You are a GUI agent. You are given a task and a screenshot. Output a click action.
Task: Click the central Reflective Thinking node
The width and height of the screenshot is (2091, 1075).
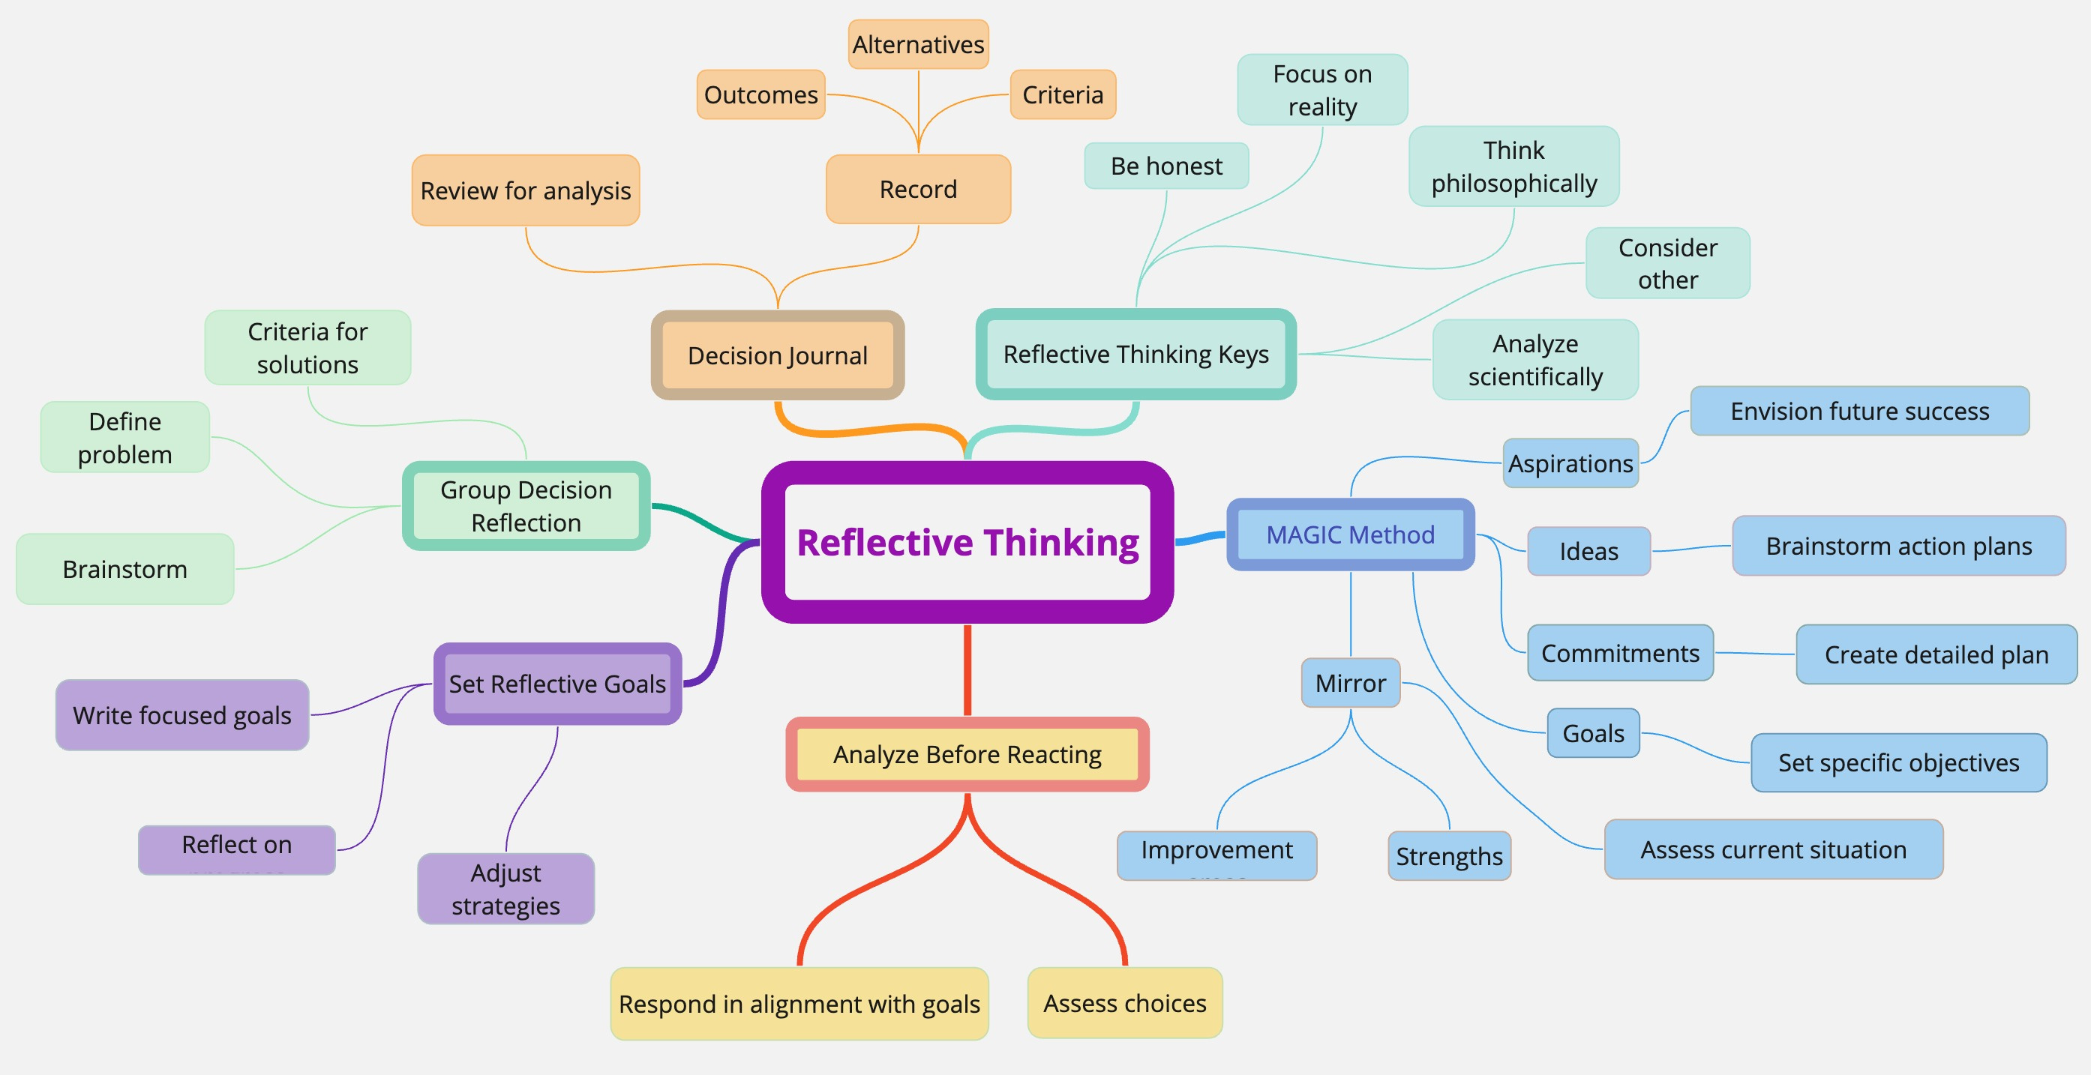pos(967,542)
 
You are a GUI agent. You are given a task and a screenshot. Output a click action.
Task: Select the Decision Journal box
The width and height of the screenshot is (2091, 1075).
pos(777,355)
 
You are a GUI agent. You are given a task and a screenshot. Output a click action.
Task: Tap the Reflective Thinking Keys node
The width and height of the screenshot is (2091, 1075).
pos(1135,355)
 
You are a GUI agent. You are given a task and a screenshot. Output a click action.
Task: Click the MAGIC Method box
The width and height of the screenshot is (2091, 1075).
pos(1350,535)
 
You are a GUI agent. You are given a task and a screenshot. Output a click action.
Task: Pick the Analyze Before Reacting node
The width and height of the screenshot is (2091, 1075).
pos(967,755)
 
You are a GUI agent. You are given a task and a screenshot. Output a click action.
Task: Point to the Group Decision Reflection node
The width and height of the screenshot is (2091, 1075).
pos(526,506)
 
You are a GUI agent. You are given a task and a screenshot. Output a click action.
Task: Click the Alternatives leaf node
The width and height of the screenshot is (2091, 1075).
pos(918,45)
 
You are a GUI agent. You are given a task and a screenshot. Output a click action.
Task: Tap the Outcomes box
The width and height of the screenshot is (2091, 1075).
pos(760,95)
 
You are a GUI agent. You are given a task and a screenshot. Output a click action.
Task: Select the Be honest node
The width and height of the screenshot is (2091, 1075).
pos(1165,166)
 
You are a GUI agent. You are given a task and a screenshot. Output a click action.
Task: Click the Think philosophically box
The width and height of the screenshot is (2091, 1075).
pos(1513,166)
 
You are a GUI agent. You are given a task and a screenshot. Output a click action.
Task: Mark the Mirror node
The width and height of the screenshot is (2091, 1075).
pos(1350,683)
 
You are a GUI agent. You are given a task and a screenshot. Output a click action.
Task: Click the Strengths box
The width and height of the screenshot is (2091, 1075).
pos(1449,856)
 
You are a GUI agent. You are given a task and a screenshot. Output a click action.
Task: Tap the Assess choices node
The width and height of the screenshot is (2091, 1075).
pos(1124,1004)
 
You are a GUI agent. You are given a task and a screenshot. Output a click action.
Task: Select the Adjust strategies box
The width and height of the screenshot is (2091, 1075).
pos(505,888)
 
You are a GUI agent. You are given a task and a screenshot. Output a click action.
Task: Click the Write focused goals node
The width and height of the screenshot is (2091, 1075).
pos(181,716)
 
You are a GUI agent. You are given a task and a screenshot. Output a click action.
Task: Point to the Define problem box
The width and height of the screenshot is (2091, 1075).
pos(125,437)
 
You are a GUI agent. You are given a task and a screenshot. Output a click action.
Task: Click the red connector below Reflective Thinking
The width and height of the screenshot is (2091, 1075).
pos(967,669)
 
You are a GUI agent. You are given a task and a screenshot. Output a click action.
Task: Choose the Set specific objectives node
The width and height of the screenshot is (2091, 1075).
pos(1897,762)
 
